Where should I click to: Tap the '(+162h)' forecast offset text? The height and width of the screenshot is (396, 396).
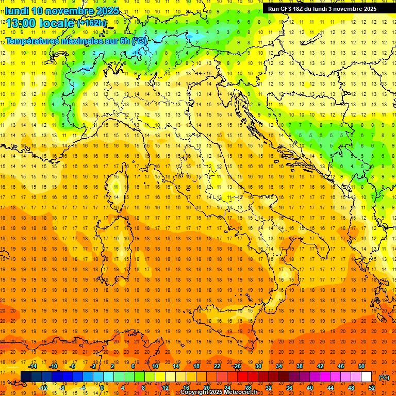[x=92, y=23]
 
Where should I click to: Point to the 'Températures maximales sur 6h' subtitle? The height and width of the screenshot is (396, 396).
[x=68, y=41]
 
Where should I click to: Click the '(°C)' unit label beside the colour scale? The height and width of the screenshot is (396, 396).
[x=384, y=377]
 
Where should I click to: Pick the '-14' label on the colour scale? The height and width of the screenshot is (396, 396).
[x=33, y=366]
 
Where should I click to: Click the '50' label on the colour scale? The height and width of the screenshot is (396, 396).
[x=361, y=366]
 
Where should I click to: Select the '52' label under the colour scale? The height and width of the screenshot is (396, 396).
[x=372, y=388]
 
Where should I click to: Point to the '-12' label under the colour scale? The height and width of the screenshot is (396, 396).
[x=43, y=388]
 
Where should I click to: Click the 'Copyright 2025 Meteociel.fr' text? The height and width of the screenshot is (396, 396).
[x=218, y=392]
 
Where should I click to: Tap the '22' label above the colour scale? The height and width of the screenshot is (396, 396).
[x=217, y=366]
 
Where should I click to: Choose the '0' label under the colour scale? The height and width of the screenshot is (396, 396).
[x=103, y=388]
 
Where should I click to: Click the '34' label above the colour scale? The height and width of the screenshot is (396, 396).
[x=279, y=366]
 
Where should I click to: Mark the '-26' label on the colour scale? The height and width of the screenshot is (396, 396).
[x=237, y=366]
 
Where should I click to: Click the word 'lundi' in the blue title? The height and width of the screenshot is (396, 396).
[x=16, y=11]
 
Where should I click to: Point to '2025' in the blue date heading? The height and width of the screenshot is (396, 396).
[x=107, y=11]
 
